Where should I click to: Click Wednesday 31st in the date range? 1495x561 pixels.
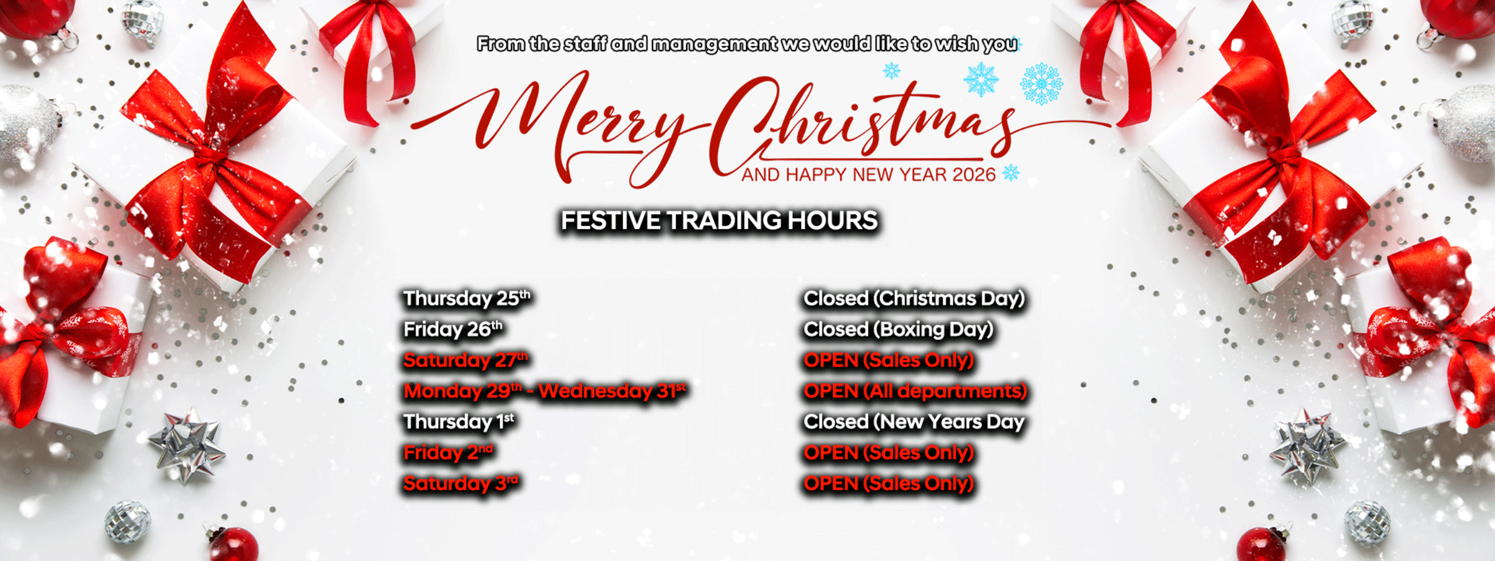612,391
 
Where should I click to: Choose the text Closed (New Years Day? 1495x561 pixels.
913,422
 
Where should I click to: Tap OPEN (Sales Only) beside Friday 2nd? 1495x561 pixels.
888,452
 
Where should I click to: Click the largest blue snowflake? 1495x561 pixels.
1041,84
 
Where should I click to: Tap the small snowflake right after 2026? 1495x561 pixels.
1011,173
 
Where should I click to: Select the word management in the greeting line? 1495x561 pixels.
714,44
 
